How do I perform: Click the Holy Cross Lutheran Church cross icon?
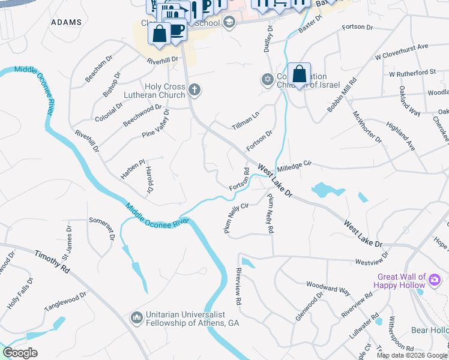(x=194, y=91)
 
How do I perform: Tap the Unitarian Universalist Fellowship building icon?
(x=137, y=317)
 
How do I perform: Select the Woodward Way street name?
(x=328, y=287)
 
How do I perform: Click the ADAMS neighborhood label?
(x=67, y=22)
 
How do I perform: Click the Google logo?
(x=20, y=353)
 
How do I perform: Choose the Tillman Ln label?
(x=246, y=120)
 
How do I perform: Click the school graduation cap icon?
(x=228, y=23)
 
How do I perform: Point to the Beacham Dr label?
(x=98, y=69)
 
